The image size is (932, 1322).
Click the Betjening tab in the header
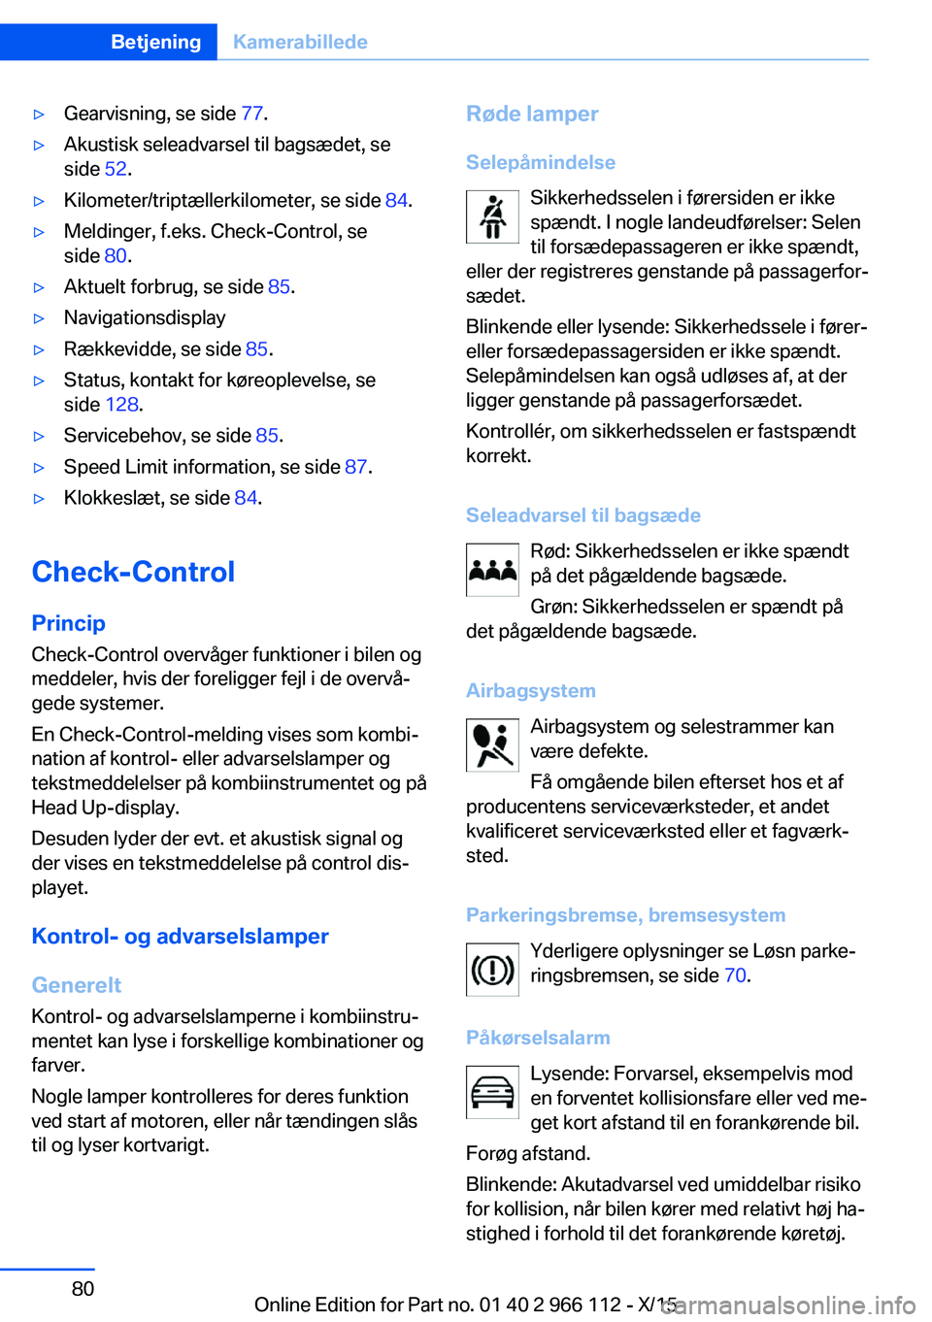pyautogui.click(x=155, y=42)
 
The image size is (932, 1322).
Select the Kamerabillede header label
pyautogui.click(x=300, y=42)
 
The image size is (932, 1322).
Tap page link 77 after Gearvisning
pyautogui.click(x=251, y=114)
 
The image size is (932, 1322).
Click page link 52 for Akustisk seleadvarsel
pyautogui.click(x=116, y=169)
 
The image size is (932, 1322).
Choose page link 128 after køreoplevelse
pyautogui.click(x=121, y=405)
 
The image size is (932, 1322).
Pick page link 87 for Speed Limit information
pyautogui.click(x=355, y=467)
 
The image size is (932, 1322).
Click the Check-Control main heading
pyautogui.click(x=133, y=572)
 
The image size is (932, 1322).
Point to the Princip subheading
pyautogui.click(x=68, y=623)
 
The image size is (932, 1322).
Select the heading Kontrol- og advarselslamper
pyautogui.click(x=180, y=937)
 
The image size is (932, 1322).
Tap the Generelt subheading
pyautogui.click(x=76, y=985)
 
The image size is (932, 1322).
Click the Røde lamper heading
pyautogui.click(x=532, y=114)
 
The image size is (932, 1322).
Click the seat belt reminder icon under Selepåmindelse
pyautogui.click(x=492, y=216)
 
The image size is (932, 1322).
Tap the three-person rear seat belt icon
pyautogui.click(x=492, y=570)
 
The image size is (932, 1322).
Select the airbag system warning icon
pyautogui.click(x=492, y=745)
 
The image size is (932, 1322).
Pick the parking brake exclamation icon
pyautogui.click(x=492, y=970)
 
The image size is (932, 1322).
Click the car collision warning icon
pyautogui.click(x=492, y=1093)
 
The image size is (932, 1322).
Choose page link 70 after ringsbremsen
pyautogui.click(x=735, y=975)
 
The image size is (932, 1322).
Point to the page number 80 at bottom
pyautogui.click(x=83, y=1289)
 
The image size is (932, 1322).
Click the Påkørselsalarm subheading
pyautogui.click(x=538, y=1038)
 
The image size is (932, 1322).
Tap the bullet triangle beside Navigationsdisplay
pyautogui.click(x=40, y=318)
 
